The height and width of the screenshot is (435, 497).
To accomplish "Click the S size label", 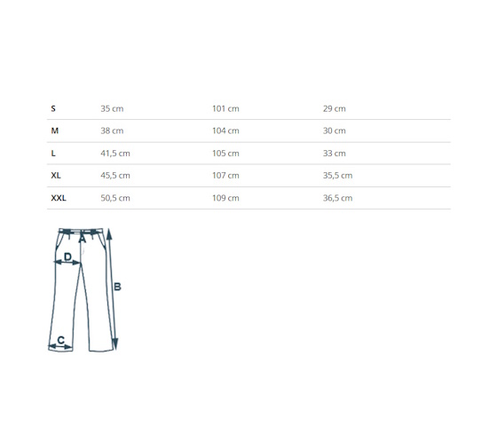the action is pos(53,108).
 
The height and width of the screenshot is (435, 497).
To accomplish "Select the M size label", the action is pos(55,131).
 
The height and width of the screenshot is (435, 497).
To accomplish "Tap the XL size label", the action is pos(56,176).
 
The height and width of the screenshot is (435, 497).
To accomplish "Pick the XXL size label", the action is pos(59,198).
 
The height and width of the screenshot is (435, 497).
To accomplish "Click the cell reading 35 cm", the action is pos(112,108).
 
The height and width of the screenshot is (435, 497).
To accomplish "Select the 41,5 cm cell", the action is pos(115,154).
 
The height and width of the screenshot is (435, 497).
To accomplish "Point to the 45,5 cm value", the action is pos(115,176).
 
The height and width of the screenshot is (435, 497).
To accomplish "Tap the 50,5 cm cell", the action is pos(115,198).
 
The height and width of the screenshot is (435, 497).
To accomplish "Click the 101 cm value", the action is pos(225,108).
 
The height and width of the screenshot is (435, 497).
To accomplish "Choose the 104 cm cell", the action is pos(225,131).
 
